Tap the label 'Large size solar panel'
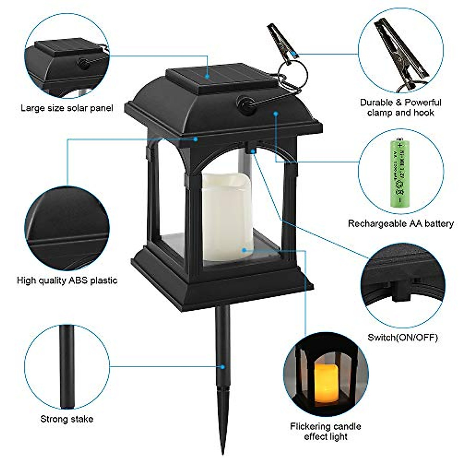(x=67, y=108)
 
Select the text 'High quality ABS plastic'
(x=67, y=280)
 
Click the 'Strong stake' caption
(x=67, y=419)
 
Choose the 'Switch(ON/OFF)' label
(x=403, y=337)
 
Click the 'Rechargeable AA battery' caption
(x=401, y=224)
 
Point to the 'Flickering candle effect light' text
(x=325, y=431)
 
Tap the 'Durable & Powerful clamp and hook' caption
(x=400, y=108)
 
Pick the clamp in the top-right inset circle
(x=400, y=50)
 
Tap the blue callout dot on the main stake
(x=222, y=367)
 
